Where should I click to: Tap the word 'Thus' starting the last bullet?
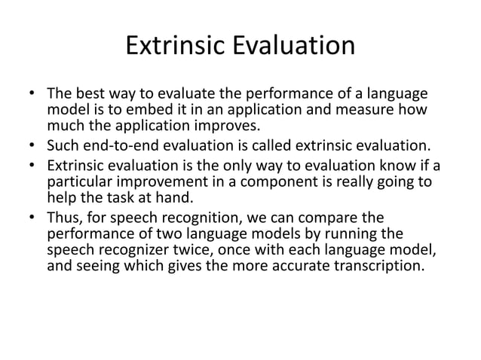(x=63, y=218)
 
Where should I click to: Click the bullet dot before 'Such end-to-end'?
(x=32, y=146)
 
